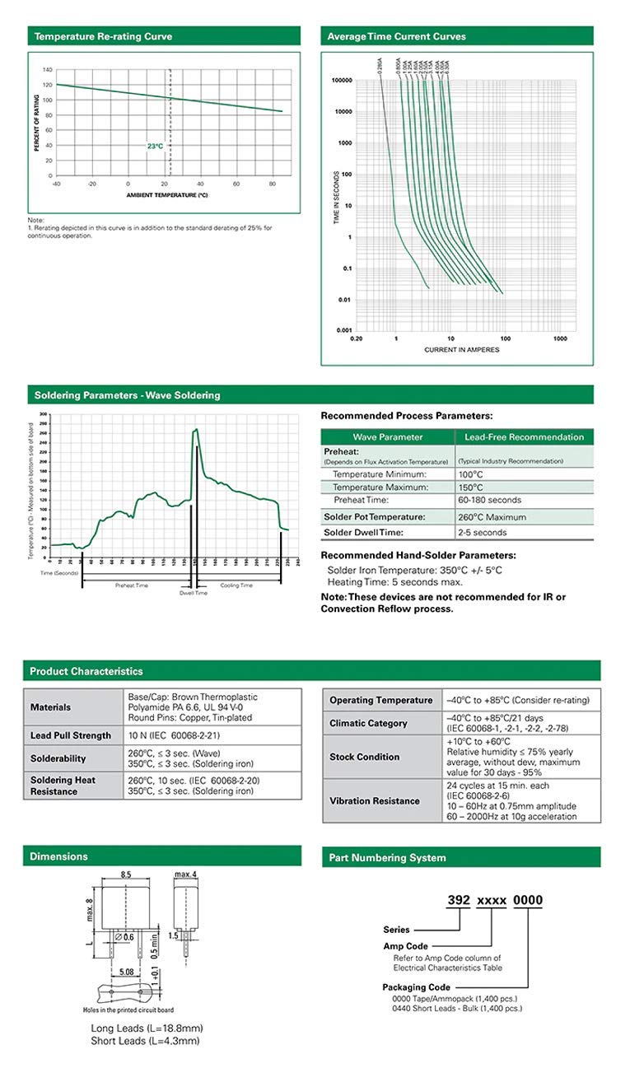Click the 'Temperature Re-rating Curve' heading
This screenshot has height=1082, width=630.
pyautogui.click(x=103, y=36)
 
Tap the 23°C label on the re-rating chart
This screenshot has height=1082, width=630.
pyautogui.click(x=155, y=146)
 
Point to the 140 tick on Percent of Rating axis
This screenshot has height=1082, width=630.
pyautogui.click(x=48, y=70)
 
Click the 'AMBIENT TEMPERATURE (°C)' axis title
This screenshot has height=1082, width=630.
pyautogui.click(x=167, y=195)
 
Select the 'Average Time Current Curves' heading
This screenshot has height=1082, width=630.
pyautogui.click(x=396, y=36)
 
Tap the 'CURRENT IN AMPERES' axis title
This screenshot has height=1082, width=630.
pyautogui.click(x=462, y=350)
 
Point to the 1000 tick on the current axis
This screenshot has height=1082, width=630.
pyautogui.click(x=560, y=338)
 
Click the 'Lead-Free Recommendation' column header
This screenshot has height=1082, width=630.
pyautogui.click(x=524, y=437)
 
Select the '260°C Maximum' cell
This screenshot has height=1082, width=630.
pyautogui.click(x=494, y=516)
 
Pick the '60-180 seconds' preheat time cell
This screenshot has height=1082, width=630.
pyautogui.click(x=490, y=500)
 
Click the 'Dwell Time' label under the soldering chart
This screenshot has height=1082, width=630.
pyautogui.click(x=194, y=593)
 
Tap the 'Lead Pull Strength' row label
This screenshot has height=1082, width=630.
pyautogui.click(x=71, y=735)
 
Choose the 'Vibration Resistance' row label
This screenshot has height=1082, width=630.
pyautogui.click(x=375, y=800)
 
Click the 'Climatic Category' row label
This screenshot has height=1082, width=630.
pyautogui.click(x=368, y=723)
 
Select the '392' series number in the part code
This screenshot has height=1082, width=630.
pyautogui.click(x=457, y=900)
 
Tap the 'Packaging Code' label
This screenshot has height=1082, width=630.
pyautogui.click(x=416, y=986)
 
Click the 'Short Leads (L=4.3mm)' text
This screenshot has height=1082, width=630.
pyautogui.click(x=145, y=1041)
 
